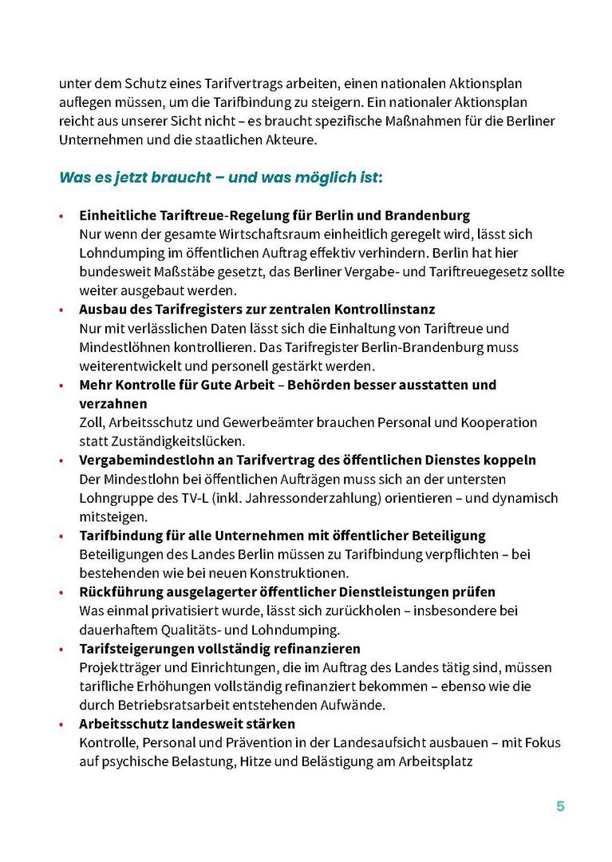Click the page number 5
(560, 806)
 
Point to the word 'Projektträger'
(118, 667)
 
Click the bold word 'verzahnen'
(113, 404)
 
